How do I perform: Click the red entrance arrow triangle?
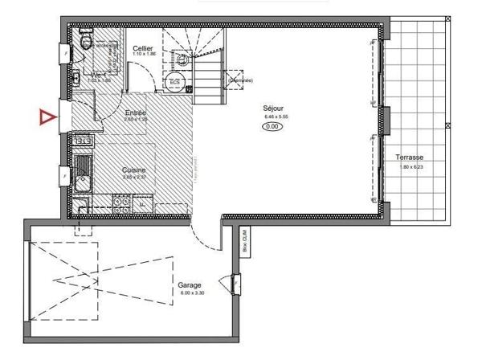(48, 117)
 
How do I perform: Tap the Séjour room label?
(273, 108)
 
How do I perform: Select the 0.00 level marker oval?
(273, 126)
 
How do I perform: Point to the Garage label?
(190, 284)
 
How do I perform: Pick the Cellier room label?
(143, 49)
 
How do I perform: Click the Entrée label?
(135, 113)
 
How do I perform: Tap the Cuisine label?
(133, 170)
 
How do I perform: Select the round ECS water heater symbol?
(174, 82)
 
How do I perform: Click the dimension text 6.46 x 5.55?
(273, 117)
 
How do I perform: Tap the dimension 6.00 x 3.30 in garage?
(190, 293)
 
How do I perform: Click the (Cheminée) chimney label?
(239, 80)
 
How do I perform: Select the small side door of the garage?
(234, 284)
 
